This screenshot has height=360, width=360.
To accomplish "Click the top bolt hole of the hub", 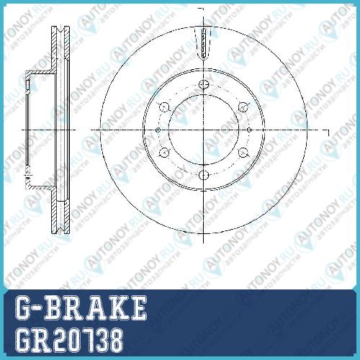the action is click(204, 84).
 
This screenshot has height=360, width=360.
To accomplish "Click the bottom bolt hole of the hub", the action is click(204, 175).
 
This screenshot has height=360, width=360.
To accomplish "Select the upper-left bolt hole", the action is click(164, 107).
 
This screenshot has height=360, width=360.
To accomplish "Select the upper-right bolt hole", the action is click(243, 107).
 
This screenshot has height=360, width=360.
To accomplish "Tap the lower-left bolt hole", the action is click(164, 153).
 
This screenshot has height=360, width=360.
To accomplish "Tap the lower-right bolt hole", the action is click(243, 153).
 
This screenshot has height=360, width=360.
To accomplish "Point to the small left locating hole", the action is click(158, 130).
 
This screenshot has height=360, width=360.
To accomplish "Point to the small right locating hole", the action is click(249, 130).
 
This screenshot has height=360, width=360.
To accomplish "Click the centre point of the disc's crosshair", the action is click(204, 130).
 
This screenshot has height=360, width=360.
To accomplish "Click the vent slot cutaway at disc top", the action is click(204, 42).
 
